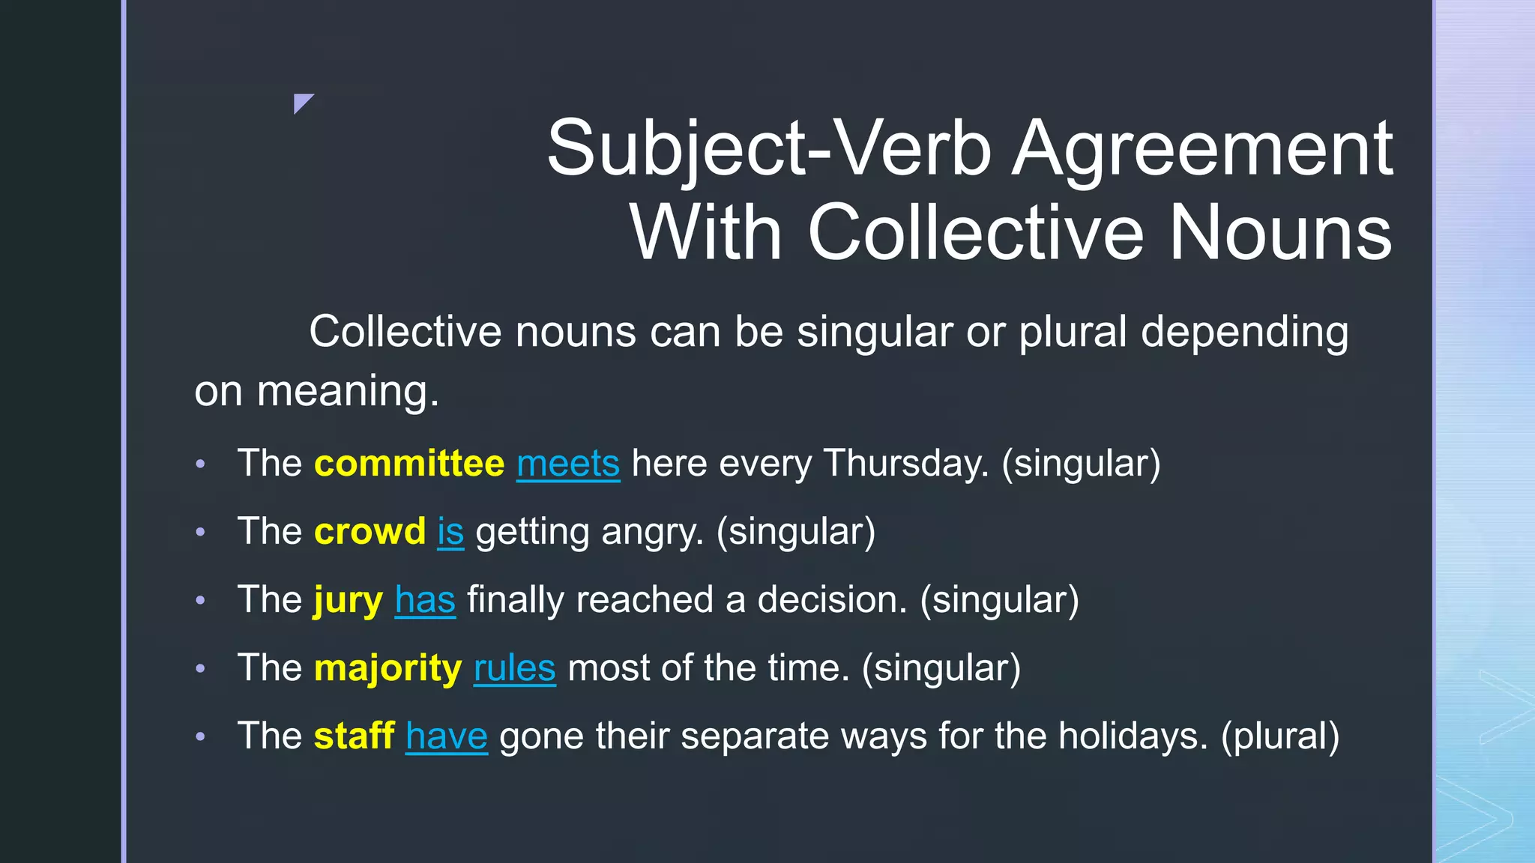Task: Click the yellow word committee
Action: pos(409,463)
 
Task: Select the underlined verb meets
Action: pos(568,463)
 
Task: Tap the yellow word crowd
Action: pos(370,531)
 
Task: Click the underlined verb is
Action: pos(450,531)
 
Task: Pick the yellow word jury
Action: pos(349,600)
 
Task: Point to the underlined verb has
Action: pos(425,600)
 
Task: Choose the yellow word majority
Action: pos(387,668)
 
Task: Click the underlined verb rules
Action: pos(514,668)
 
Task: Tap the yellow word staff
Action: pos(354,736)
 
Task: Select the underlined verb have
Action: pos(447,736)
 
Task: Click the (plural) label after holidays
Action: pos(1279,736)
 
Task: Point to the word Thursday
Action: pos(906,463)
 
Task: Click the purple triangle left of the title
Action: pos(301,102)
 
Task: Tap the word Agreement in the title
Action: pos(1202,148)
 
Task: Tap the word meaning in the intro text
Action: pos(348,391)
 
